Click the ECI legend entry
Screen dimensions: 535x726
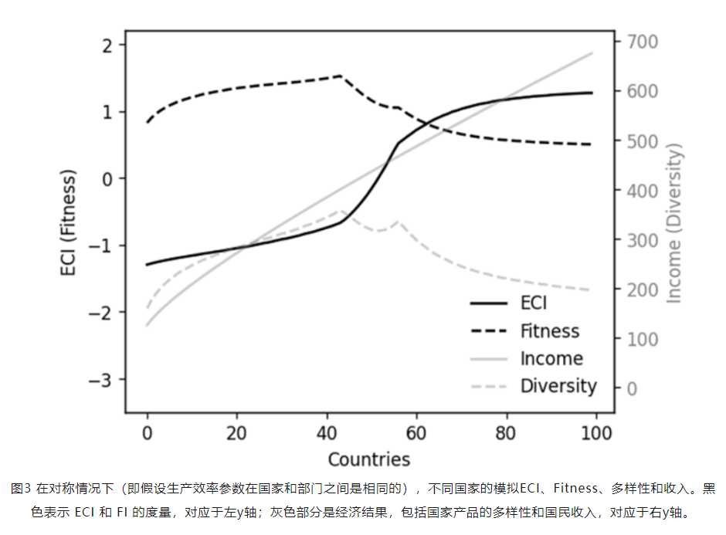click(533, 303)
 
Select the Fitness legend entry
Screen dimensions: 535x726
click(549, 331)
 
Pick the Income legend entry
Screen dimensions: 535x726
click(551, 358)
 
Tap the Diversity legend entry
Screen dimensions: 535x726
click(558, 386)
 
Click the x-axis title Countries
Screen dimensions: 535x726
click(368, 459)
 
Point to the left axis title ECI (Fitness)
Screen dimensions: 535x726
click(70, 225)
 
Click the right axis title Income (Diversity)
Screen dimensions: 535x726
click(674, 224)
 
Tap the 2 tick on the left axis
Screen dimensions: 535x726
click(108, 46)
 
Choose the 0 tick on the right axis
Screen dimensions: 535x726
click(631, 388)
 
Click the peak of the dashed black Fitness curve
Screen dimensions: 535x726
click(341, 76)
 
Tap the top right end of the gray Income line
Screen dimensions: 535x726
click(592, 53)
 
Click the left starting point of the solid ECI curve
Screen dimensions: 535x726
click(148, 265)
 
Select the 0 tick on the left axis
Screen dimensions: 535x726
click(108, 179)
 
